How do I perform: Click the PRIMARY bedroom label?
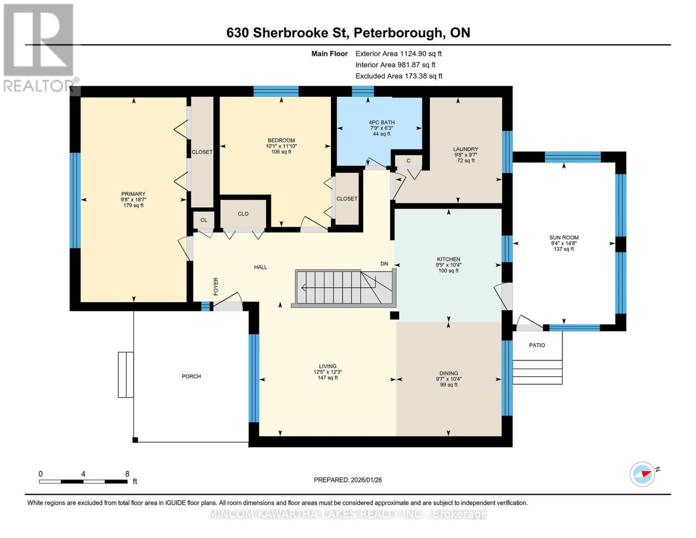pos(133,194)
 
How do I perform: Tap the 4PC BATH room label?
pos(382,122)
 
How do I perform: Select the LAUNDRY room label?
pos(465,149)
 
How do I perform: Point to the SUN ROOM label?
pos(564,238)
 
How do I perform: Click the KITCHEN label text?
pos(448,259)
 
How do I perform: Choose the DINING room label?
pos(448,373)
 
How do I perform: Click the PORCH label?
pos(191,376)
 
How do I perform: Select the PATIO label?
pos(537,345)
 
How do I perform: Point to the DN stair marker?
pos(384,264)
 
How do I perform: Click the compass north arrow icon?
pos(643,474)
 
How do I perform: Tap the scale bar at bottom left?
pos(83,482)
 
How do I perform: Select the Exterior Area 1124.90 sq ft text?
pos(398,53)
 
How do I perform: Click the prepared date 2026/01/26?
pos(348,480)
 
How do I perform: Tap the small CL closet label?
pos(204,220)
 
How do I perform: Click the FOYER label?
pos(216,286)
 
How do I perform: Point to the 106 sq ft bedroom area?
pos(281,152)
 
